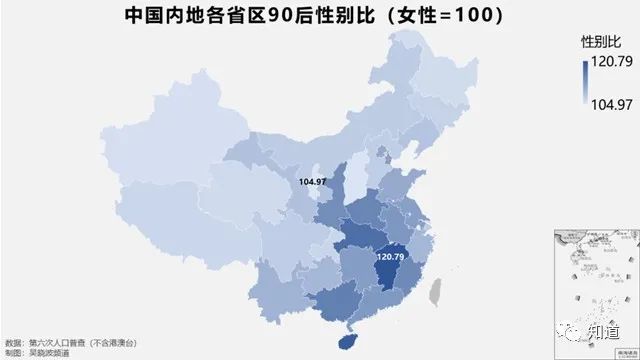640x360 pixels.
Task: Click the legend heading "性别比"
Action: click(600, 43)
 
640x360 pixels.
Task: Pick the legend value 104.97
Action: click(611, 104)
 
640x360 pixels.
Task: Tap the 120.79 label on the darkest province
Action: click(389, 257)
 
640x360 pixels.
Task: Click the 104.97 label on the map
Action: click(312, 181)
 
